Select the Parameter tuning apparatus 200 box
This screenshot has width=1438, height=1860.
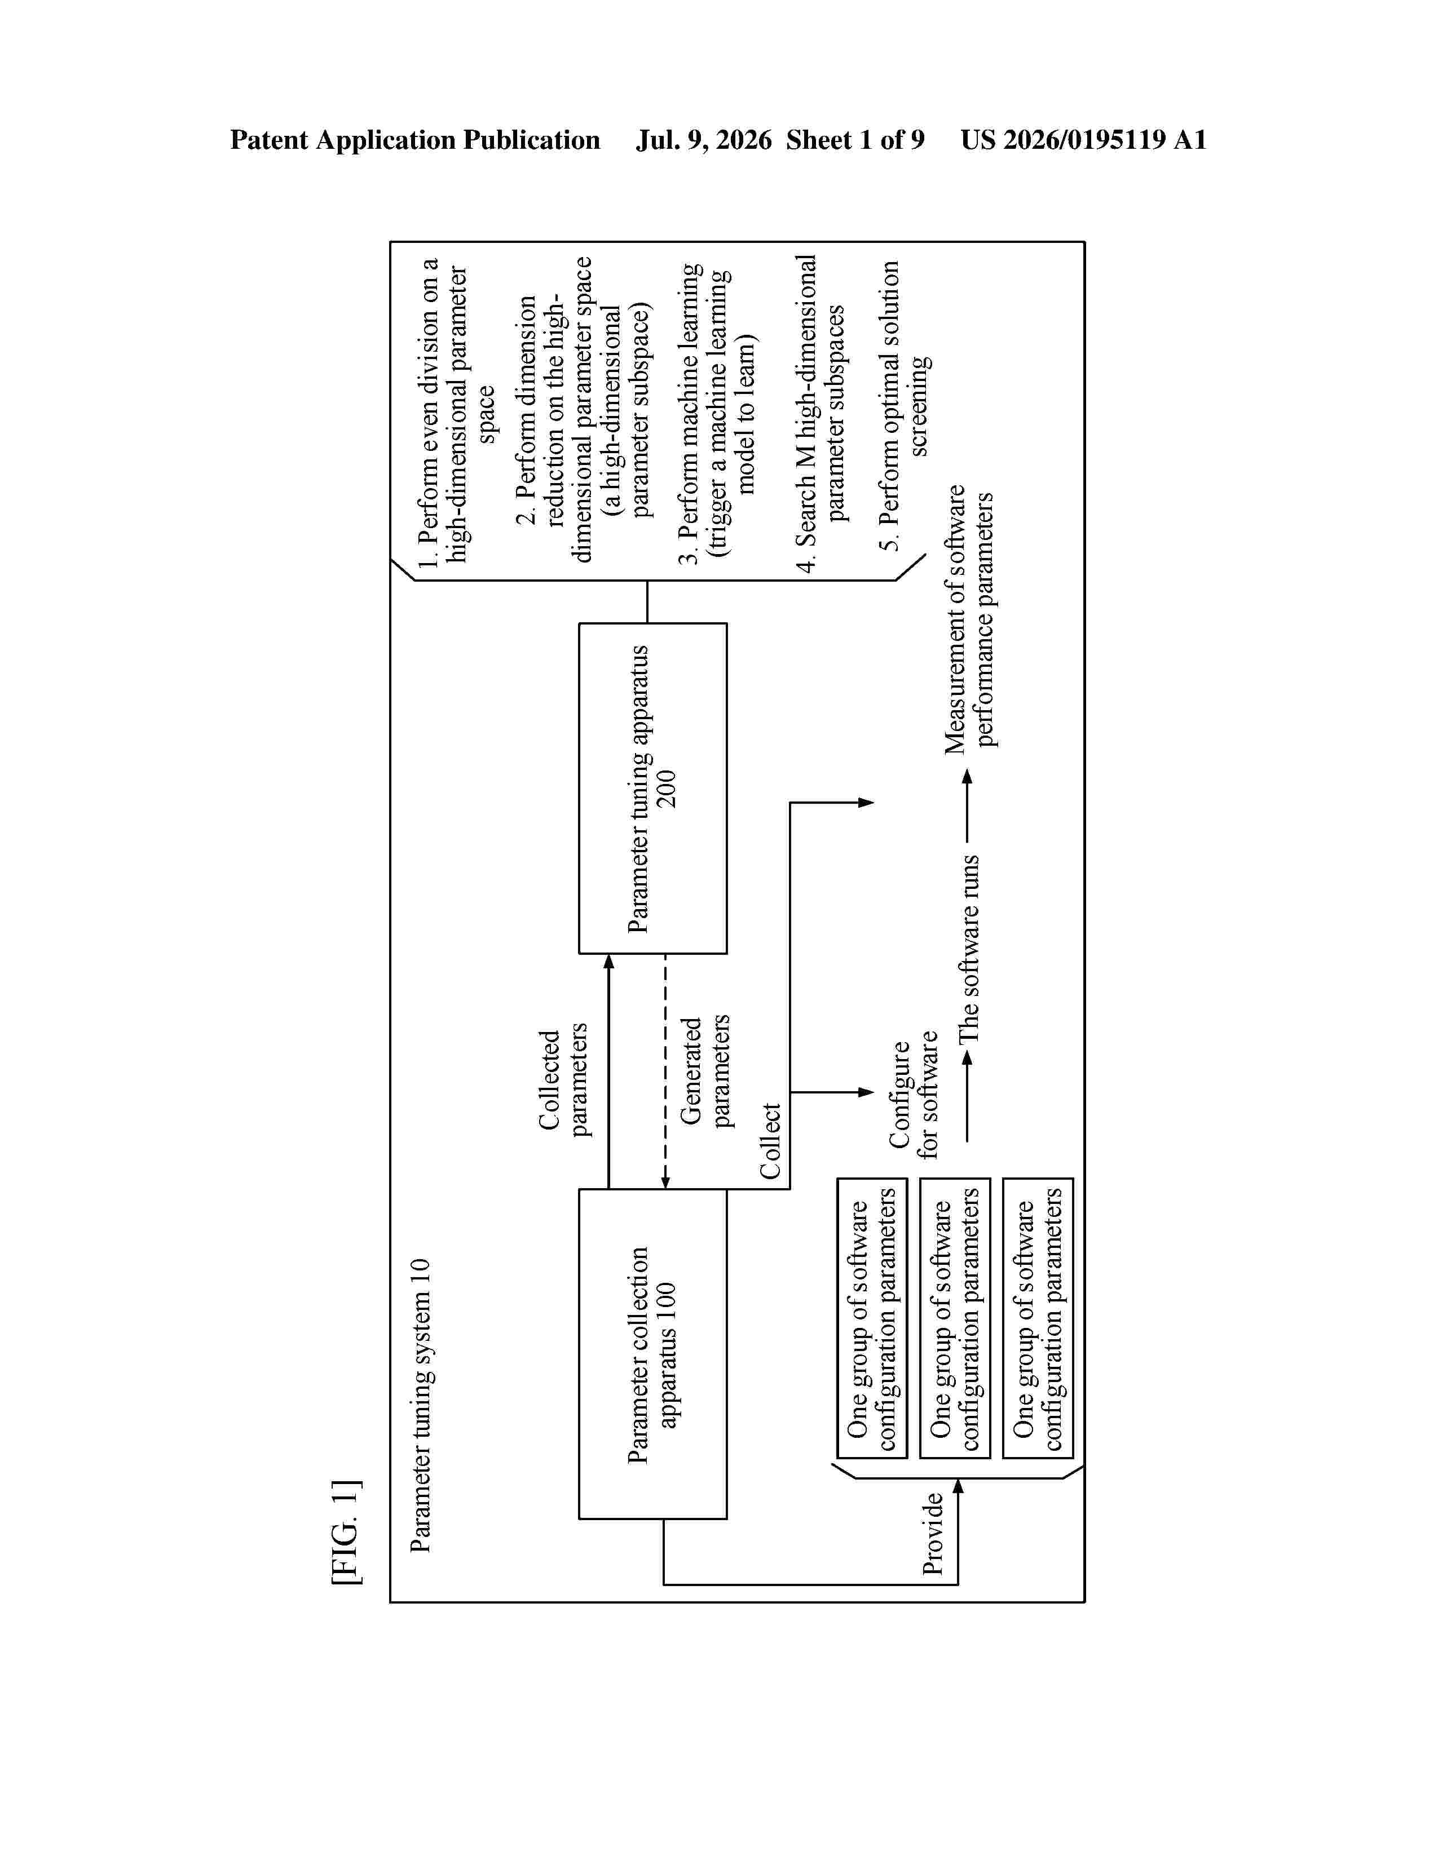click(652, 788)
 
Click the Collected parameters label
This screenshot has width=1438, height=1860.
click(563, 1080)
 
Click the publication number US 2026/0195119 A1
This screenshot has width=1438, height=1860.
click(1084, 140)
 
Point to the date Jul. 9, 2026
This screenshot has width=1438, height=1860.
click(704, 140)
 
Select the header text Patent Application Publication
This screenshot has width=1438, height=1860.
click(415, 140)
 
